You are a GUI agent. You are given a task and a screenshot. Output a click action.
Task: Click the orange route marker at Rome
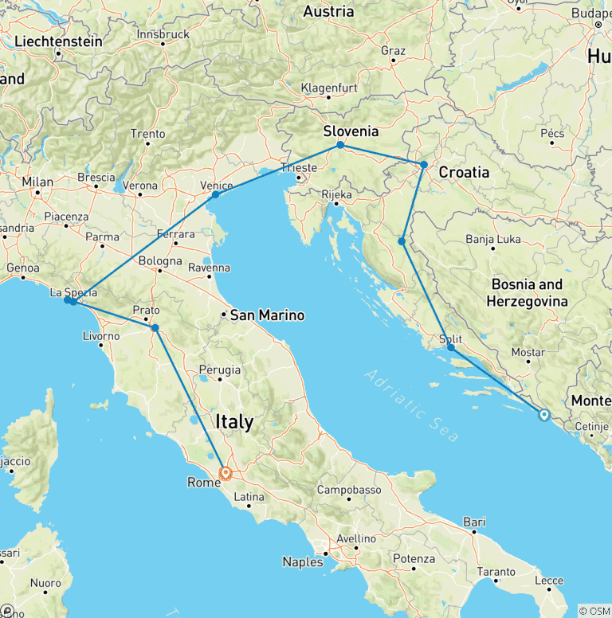click(226, 472)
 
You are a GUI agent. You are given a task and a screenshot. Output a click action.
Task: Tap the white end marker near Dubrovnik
click(543, 414)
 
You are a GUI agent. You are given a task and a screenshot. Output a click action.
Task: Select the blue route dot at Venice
click(215, 194)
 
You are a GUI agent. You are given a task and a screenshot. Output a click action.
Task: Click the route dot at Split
click(451, 347)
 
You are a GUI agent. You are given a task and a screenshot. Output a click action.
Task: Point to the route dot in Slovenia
click(340, 145)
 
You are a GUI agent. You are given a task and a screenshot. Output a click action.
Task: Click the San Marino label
click(267, 316)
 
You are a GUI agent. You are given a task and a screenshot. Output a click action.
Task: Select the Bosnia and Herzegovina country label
click(527, 292)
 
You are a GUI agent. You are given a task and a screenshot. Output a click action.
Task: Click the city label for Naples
click(303, 561)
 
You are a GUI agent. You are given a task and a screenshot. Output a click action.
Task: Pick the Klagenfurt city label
click(328, 88)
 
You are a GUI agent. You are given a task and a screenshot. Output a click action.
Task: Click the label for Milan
click(37, 182)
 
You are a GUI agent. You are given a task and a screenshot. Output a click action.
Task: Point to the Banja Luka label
click(492, 238)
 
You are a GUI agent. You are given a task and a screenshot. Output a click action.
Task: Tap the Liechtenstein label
click(59, 41)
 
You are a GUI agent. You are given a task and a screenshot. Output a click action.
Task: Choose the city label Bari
click(474, 522)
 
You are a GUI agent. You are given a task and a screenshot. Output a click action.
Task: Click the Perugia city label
click(219, 370)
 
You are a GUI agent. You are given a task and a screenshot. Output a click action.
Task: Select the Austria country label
click(328, 12)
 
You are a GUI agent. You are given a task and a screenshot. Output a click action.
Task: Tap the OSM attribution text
click(594, 611)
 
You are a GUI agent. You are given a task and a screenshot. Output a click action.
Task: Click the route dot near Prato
click(155, 327)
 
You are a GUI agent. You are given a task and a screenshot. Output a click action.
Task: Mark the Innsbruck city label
click(163, 34)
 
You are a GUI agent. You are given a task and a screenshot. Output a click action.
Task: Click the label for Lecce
click(549, 581)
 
